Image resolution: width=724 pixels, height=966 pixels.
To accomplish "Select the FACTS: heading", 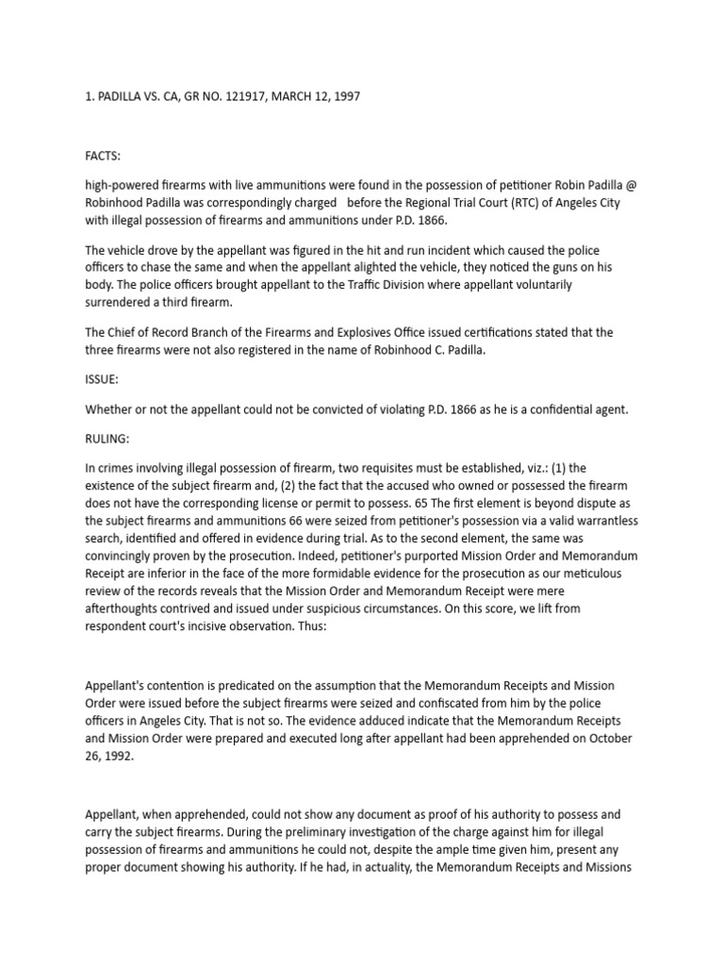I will pyautogui.click(x=103, y=156).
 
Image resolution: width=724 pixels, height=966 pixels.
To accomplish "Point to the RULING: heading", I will pyautogui.click(x=107, y=439).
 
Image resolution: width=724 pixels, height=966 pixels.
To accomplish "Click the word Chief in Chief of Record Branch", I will pyautogui.click(x=127, y=333).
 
